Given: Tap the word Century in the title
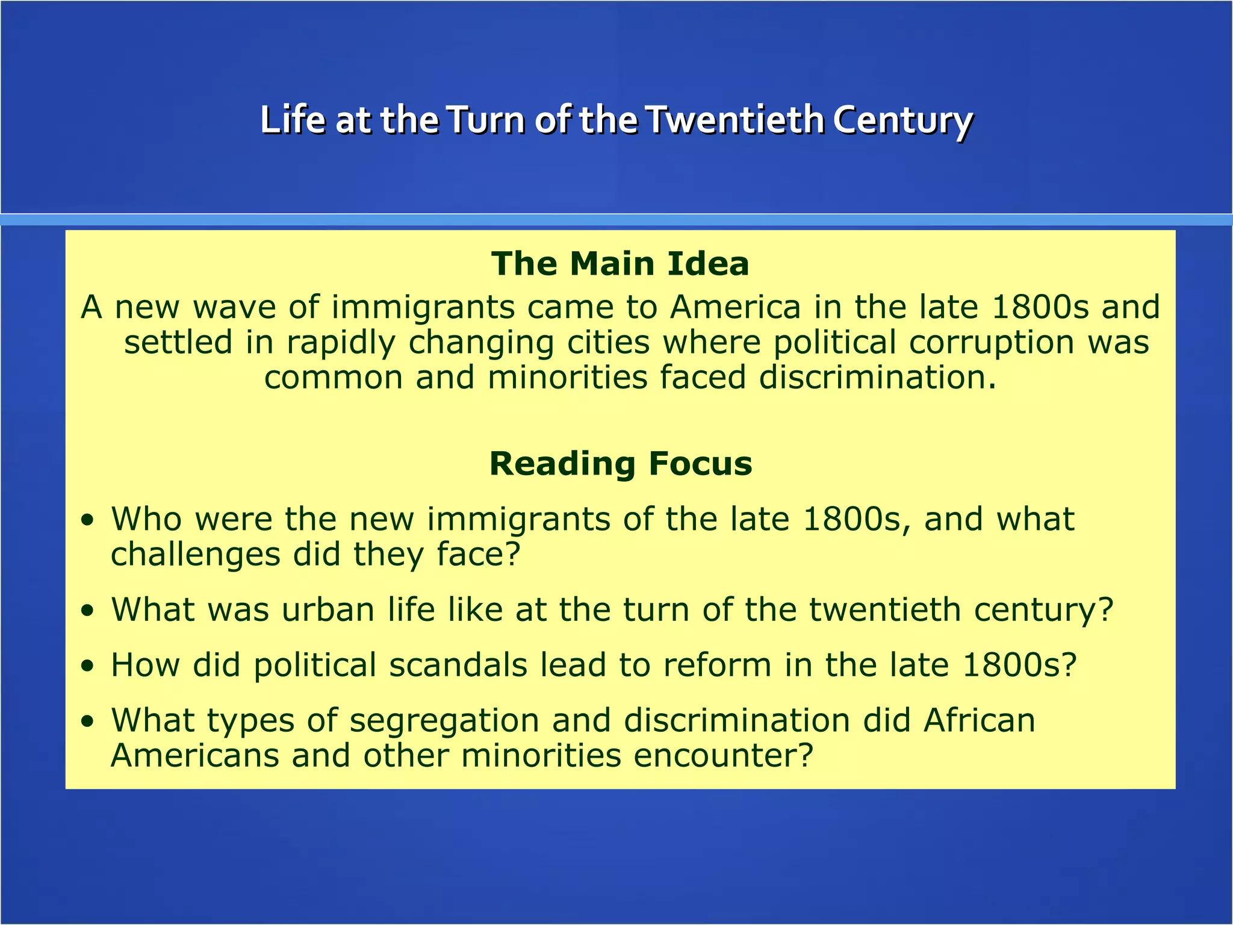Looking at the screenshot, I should click(x=902, y=120).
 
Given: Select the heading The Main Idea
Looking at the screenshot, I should click(x=620, y=264).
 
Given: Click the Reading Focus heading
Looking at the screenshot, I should click(x=621, y=464).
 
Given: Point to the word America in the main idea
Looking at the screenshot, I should click(x=735, y=307).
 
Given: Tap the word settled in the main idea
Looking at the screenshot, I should click(x=178, y=342).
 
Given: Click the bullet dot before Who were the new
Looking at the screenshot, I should click(x=89, y=520).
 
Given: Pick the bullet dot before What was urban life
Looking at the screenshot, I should click(x=89, y=611).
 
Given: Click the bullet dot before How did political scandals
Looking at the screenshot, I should click(x=89, y=666).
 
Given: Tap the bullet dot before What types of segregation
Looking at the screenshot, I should click(x=89, y=721).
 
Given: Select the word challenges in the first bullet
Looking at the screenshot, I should click(x=195, y=555).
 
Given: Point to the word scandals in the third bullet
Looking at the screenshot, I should click(x=458, y=665).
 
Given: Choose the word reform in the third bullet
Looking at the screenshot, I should click(x=717, y=665).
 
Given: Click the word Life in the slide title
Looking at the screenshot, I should click(x=292, y=120).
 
